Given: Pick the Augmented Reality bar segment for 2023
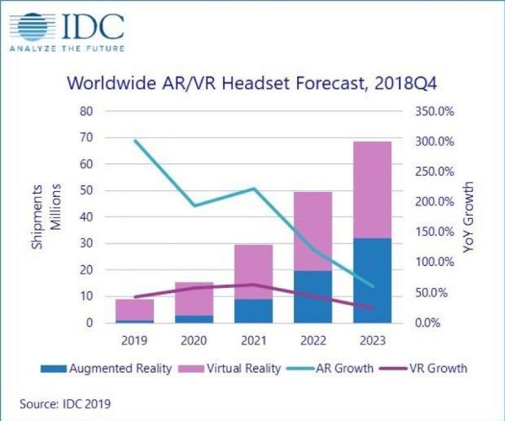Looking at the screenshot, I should click(x=372, y=280).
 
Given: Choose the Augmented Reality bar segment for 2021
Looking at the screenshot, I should click(x=253, y=311).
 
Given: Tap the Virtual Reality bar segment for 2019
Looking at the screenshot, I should click(x=135, y=309).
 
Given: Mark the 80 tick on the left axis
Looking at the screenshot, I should click(x=86, y=111).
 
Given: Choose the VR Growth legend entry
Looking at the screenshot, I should click(x=428, y=368).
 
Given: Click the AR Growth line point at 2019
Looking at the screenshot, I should click(x=135, y=141).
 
